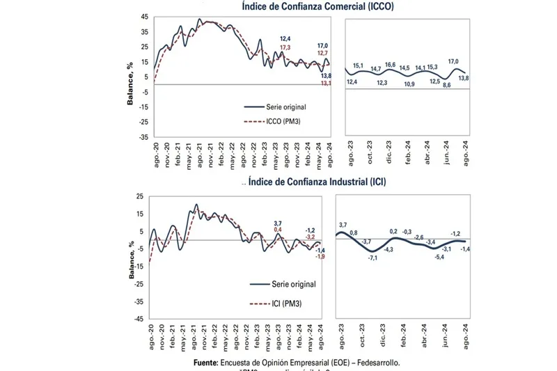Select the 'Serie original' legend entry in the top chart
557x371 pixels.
285,106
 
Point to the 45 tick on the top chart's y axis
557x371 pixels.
145,17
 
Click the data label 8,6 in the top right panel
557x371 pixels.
447,85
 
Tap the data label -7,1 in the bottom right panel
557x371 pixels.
373,258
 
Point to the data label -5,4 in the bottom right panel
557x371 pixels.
439,257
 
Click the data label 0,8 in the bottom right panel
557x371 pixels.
354,232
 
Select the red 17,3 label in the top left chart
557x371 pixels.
285,47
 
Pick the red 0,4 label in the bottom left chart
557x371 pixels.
278,229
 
